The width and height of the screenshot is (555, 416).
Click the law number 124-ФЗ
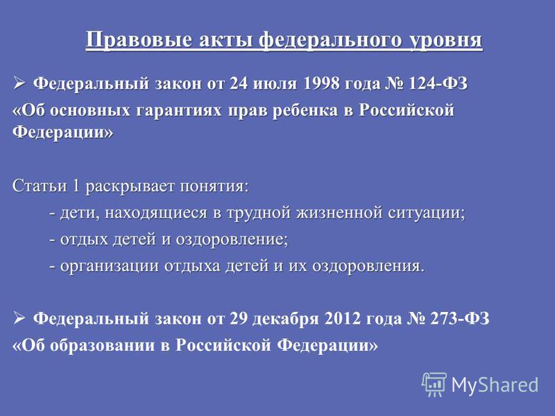click(x=438, y=84)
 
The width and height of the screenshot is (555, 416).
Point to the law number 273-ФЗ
click(x=460, y=319)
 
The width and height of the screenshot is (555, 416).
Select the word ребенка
click(x=305, y=110)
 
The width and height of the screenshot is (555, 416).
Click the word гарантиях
click(x=179, y=111)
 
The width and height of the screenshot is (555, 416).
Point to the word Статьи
click(x=40, y=186)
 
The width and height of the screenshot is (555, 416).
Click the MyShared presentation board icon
click(x=434, y=384)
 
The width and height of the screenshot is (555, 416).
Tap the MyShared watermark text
click(x=495, y=385)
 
